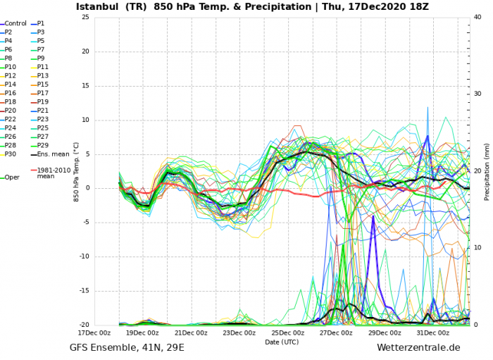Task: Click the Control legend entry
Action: tap(15, 23)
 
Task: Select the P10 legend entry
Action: tap(11, 67)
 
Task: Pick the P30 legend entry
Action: tap(11, 154)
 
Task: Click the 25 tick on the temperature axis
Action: tap(85, 17)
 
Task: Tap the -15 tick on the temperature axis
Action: tap(83, 291)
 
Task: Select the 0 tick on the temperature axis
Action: tap(87, 188)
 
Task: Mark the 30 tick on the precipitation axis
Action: tap(477, 94)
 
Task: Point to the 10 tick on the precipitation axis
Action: tap(477, 248)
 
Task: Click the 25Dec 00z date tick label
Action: tap(283, 333)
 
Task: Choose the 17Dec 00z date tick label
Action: tap(93, 333)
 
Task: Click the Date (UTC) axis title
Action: tap(282, 342)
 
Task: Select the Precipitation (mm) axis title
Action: tap(486, 171)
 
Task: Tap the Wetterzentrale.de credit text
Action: tap(418, 348)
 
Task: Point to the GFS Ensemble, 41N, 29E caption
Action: tap(127, 348)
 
